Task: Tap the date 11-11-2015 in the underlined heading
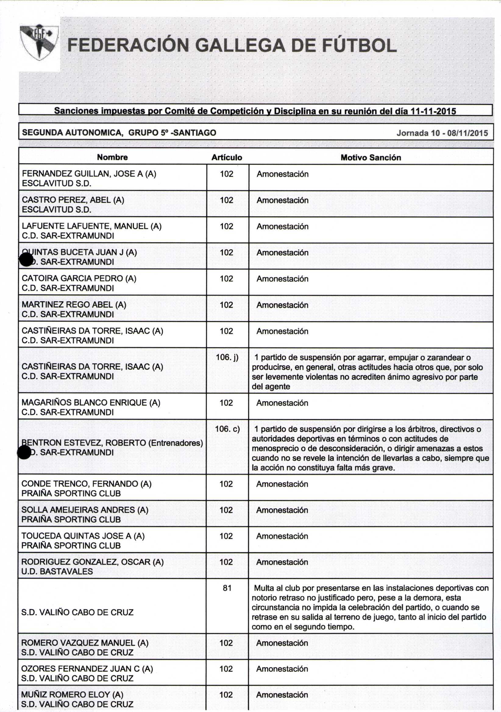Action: point(433,111)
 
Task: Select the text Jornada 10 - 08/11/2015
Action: point(442,133)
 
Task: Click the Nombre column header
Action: point(112,157)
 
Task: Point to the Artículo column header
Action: point(227,158)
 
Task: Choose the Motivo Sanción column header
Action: point(371,158)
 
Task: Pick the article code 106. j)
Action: point(227,357)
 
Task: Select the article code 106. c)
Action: point(227,429)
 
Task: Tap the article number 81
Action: point(227,588)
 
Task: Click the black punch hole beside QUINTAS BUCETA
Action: point(26,259)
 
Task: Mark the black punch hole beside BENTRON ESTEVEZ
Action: point(24,452)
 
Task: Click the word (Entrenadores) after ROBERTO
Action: point(176,442)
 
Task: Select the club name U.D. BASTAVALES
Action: point(57,571)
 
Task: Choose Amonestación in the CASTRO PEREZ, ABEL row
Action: point(282,200)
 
